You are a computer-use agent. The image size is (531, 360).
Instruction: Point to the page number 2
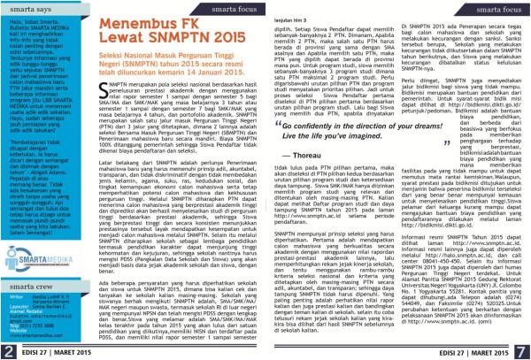point(6,352)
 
